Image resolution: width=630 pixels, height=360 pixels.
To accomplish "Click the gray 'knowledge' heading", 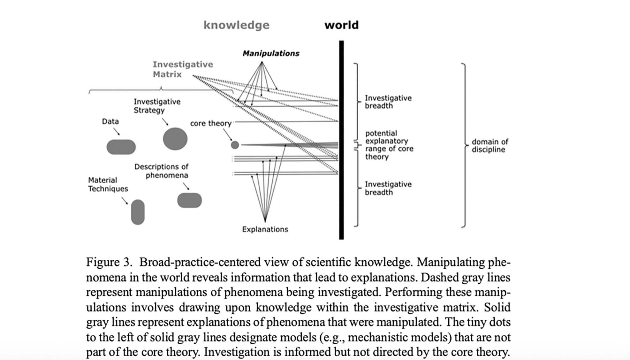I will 236,25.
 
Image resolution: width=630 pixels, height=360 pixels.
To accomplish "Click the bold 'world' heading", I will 341,25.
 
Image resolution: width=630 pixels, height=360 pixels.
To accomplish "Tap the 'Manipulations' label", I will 271,53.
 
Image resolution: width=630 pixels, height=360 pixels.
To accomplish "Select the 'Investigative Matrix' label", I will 183,69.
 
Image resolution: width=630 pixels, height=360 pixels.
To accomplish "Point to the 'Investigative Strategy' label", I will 157,106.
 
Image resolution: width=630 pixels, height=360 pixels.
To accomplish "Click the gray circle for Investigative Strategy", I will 175,139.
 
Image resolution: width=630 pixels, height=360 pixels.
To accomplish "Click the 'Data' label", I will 110,121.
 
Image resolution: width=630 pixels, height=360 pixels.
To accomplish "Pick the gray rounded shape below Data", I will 121,147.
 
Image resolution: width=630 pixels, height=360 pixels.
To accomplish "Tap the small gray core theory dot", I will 235,145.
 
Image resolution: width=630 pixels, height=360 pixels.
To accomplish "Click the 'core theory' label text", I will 210,123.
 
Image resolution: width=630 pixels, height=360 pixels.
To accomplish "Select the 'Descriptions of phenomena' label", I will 161,171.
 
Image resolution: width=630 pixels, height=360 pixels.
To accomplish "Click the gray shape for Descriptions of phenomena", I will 189,200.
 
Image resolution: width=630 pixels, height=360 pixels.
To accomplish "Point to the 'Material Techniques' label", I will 108,184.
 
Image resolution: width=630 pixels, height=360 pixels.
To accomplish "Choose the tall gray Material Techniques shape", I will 138,212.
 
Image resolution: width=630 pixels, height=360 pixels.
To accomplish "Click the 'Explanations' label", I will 265,229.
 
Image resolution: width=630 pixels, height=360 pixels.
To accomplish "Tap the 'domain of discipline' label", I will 490,146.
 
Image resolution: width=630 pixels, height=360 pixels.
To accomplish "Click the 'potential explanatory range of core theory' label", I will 389,145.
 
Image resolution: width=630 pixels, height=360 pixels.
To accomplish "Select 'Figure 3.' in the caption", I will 109,262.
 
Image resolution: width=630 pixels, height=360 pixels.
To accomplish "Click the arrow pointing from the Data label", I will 117,132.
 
